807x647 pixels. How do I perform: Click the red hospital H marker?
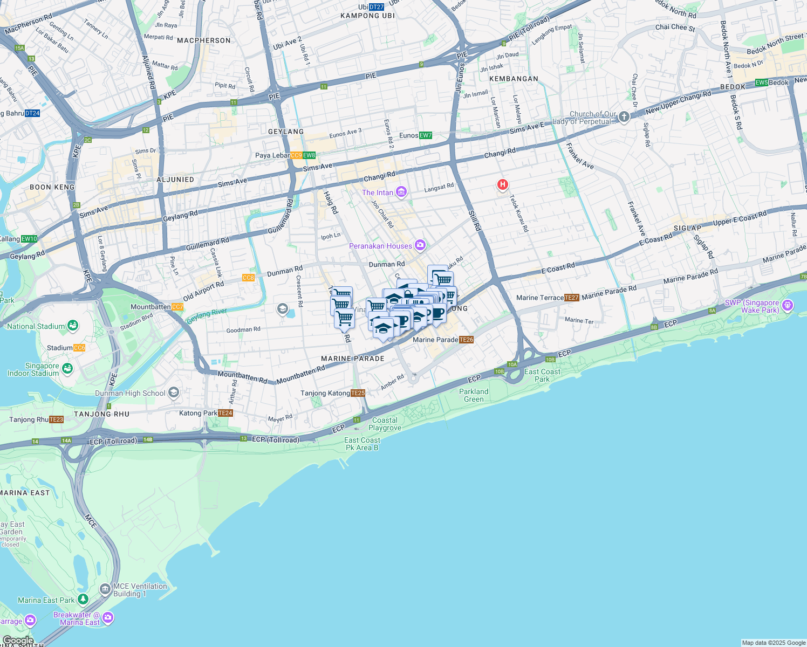[502, 185]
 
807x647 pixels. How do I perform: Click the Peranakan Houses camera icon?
[420, 246]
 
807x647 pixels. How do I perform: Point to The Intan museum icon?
[401, 192]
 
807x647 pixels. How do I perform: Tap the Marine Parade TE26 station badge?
[466, 340]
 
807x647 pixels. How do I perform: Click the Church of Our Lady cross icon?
[624, 117]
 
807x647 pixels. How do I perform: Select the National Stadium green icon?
[72, 326]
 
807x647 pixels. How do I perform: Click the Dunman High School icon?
[174, 393]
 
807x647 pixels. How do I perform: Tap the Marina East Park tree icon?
[83, 599]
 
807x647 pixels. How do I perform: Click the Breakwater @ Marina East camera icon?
[108, 617]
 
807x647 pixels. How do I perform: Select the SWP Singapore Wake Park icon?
[788, 306]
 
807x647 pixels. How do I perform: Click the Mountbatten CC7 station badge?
[177, 307]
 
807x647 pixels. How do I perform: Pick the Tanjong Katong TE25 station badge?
[358, 393]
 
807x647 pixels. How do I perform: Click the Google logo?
[18, 641]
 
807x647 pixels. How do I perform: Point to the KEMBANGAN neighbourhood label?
[514, 79]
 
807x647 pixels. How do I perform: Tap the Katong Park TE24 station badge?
[225, 413]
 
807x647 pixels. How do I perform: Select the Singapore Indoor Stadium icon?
[67, 368]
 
